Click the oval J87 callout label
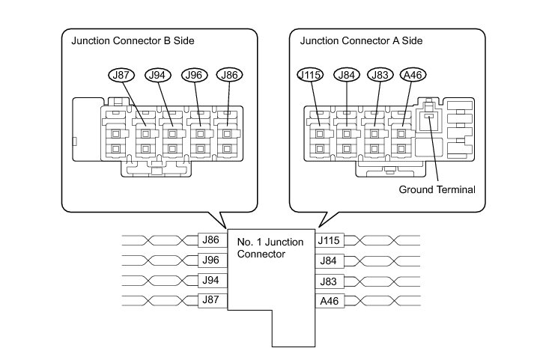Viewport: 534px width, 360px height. (121, 75)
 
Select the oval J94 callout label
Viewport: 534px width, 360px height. (158, 75)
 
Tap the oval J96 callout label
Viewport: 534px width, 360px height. (195, 75)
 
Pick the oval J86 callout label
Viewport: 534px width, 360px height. (229, 75)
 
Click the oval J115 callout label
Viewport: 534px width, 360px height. (310, 75)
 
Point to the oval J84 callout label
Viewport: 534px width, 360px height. (347, 75)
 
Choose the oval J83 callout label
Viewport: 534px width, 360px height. (380, 75)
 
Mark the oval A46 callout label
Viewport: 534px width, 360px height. (413, 75)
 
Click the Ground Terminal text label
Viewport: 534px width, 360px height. (437, 189)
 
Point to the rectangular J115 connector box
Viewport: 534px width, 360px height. (330, 240)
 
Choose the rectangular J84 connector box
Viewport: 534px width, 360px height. (330, 260)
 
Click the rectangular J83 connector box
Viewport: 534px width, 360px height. (330, 281)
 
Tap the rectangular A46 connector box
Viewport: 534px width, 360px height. (330, 301)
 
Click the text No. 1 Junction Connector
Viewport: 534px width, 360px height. (270, 248)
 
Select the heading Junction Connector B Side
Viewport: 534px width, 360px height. (133, 41)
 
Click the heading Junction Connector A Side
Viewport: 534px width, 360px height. (361, 41)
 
